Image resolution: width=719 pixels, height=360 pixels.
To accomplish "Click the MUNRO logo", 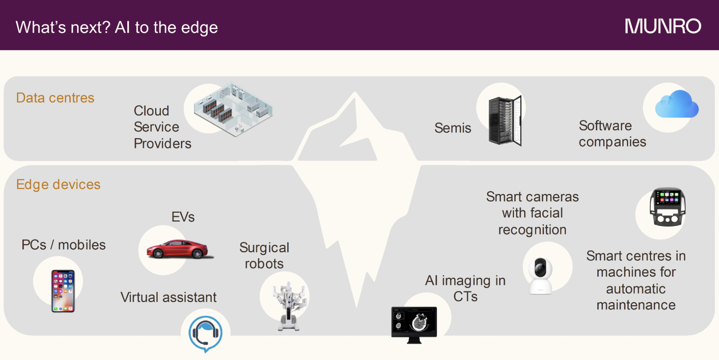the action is [663, 27].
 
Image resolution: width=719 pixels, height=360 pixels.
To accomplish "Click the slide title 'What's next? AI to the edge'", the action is [117, 28].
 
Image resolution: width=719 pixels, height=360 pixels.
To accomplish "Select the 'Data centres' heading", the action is [55, 98].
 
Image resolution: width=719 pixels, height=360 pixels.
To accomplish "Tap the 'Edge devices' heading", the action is [58, 185].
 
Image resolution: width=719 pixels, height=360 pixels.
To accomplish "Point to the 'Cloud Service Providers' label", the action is [162, 127].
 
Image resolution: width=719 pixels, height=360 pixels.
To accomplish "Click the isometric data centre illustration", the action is [233, 109].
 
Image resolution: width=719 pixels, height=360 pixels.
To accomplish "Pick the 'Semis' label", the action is [453, 128].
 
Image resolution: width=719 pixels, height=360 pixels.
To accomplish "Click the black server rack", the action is [505, 121].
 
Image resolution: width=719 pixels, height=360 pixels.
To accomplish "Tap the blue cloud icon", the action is [677, 104].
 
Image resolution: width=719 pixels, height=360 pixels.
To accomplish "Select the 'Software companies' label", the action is [612, 134].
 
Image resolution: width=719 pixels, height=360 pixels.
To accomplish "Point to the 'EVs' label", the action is [183, 217].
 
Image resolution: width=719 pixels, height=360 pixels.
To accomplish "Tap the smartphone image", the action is [63, 291].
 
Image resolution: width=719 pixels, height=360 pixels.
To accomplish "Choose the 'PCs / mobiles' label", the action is [63, 245].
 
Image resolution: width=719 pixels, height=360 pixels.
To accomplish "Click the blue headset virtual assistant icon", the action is [205, 334].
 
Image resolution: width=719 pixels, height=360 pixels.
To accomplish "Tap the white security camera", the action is [540, 276].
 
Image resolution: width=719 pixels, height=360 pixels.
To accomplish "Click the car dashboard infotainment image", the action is [667, 207].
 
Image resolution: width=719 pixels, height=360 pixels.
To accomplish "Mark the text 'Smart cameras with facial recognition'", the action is [532, 213].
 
